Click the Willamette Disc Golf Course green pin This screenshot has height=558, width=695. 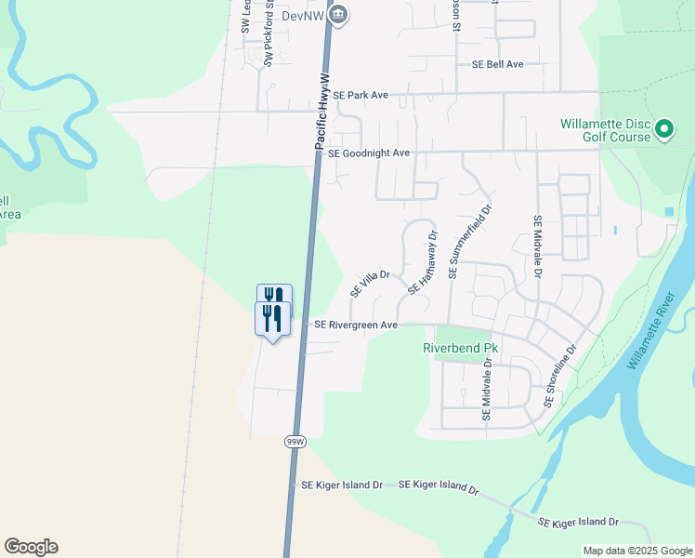pyautogui.click(x=664, y=128)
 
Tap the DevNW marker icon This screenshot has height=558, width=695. pyautogui.click(x=339, y=14)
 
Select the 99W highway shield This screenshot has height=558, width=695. pyautogui.click(x=295, y=441)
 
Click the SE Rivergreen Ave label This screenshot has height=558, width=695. pyautogui.click(x=356, y=325)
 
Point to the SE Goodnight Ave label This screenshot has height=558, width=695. pyautogui.click(x=369, y=153)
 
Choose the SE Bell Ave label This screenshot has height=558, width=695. pyautogui.click(x=498, y=64)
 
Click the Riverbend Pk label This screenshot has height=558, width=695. pyautogui.click(x=461, y=348)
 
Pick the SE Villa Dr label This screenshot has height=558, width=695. pyautogui.click(x=369, y=280)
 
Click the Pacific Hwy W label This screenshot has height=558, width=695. pyautogui.click(x=322, y=113)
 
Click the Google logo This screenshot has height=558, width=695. pyautogui.click(x=31, y=547)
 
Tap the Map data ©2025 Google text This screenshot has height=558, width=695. pyautogui.click(x=636, y=551)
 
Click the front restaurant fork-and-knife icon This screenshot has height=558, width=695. pyautogui.click(x=272, y=319)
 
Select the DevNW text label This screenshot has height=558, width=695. pyautogui.click(x=306, y=15)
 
